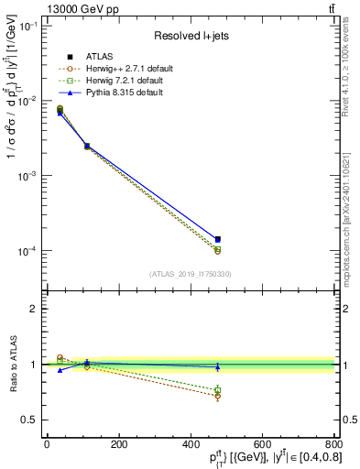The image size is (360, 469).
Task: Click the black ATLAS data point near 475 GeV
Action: coord(217,239)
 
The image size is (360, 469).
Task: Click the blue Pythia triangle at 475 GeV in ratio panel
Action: coord(217,366)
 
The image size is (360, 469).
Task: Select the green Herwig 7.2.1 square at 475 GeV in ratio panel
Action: coord(217,391)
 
